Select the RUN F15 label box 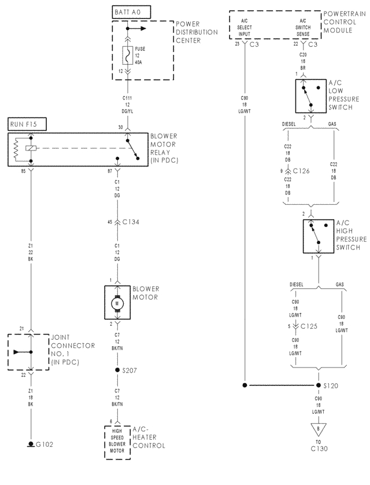27,124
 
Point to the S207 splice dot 118,368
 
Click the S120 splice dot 318,385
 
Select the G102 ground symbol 31,444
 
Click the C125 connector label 306,326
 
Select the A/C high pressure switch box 319,236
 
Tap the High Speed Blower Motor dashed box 117,442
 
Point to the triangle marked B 318,429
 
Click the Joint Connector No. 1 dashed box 28,351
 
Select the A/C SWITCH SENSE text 302,25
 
